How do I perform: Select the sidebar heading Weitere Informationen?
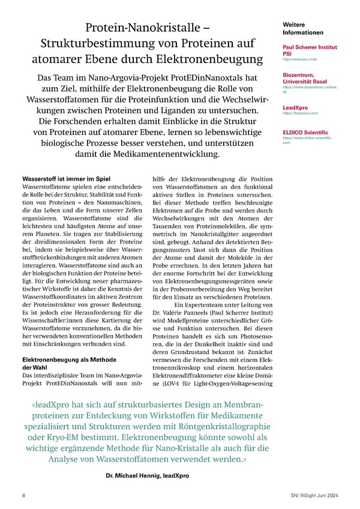pyautogui.click(x=302, y=28)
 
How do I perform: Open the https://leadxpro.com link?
pyautogui.click(x=299, y=113)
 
